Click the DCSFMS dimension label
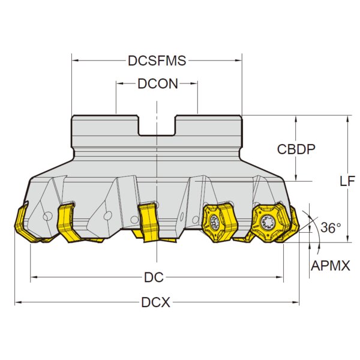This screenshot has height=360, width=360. [x=157, y=61]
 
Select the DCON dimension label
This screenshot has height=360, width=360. [x=158, y=84]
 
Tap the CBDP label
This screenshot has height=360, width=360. [x=296, y=149]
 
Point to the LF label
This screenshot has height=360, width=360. [x=347, y=181]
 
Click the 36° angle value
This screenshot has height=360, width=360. [x=331, y=227]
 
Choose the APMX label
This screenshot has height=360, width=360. [x=331, y=266]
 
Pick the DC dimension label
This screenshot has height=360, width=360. [x=154, y=277]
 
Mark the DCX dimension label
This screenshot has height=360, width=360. [x=155, y=302]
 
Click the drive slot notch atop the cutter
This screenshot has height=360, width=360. [x=157, y=125]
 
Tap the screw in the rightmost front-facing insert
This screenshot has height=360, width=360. [x=266, y=222]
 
